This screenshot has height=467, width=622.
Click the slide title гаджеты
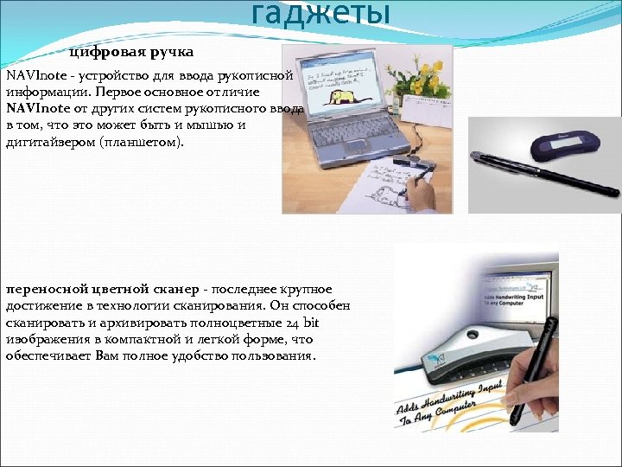coord(321,13)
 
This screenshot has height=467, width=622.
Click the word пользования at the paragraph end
coord(277,355)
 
